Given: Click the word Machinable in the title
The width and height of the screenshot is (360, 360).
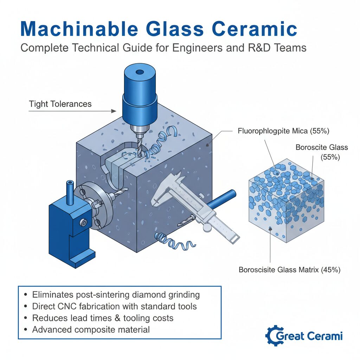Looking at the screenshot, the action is (79, 29).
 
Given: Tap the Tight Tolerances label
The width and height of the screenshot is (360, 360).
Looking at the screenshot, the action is (60, 104).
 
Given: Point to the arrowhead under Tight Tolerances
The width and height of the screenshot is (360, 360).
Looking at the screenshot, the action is (114, 111).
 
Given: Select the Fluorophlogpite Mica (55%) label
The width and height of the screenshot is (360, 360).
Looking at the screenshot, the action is (284, 131).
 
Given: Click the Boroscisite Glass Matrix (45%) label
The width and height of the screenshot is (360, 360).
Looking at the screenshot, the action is (290, 270).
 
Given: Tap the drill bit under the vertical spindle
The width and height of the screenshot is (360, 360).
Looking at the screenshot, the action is (139, 147).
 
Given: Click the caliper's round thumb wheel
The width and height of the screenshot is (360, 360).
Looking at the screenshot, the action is (207, 227).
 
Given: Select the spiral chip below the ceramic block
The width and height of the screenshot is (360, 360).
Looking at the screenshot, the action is (174, 242).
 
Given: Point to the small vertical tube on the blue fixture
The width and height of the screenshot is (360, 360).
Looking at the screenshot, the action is (70, 193).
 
